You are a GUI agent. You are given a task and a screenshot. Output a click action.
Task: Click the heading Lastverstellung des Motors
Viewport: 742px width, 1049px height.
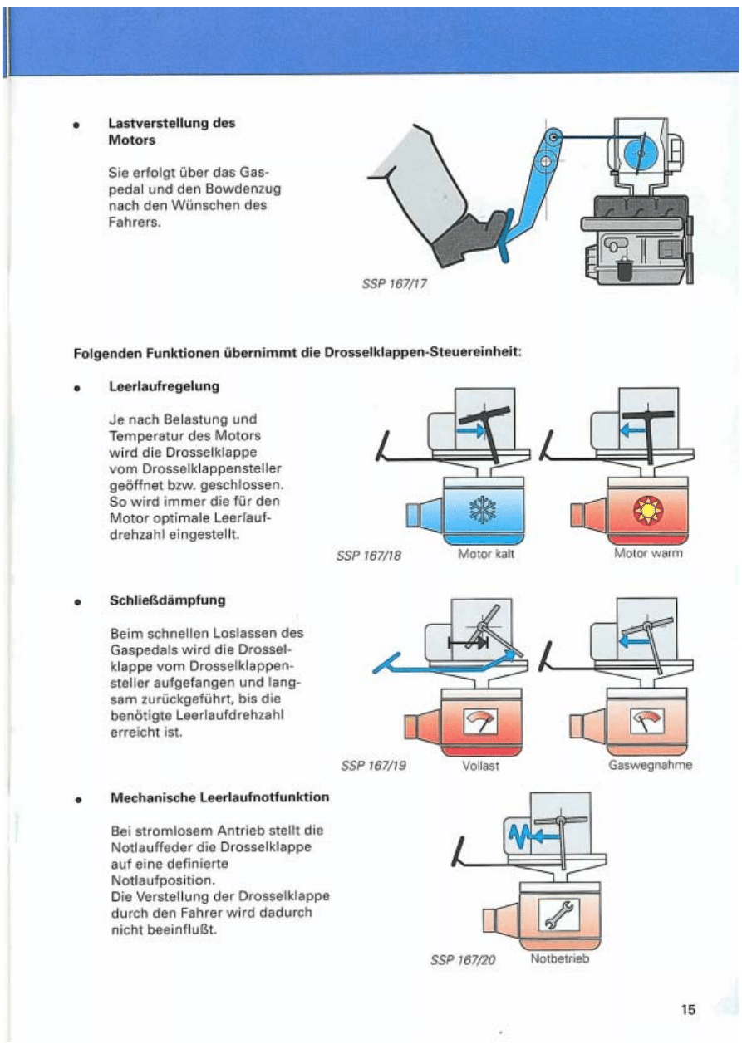coord(171,131)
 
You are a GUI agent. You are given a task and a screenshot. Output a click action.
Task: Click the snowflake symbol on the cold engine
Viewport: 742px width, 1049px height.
coord(481,509)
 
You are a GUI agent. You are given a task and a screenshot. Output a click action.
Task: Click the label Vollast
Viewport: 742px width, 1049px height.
coord(480,766)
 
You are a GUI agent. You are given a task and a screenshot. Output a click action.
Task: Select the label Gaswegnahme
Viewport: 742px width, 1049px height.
coord(651,766)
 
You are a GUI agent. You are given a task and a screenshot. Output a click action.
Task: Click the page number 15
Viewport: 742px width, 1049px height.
coord(688,1010)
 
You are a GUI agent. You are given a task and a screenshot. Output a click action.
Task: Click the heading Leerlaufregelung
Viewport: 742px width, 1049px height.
coord(164,387)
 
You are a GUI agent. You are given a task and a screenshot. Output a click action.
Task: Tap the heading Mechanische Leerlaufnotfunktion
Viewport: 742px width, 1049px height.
coord(219,798)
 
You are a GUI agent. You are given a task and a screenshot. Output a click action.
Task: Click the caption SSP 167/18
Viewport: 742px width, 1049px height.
coord(370,555)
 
